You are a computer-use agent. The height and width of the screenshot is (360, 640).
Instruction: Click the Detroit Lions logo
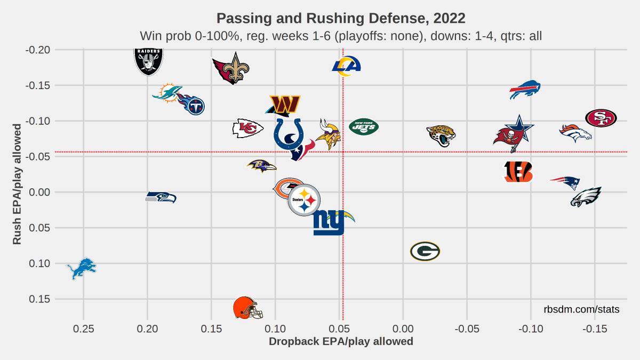pyautogui.click(x=82, y=268)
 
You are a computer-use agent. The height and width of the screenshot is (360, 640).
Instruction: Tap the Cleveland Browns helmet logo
pyautogui.click(x=247, y=308)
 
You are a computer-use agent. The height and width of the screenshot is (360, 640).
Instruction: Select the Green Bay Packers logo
pyautogui.click(x=425, y=251)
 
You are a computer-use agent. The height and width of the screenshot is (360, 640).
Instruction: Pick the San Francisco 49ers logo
pyautogui.click(x=601, y=118)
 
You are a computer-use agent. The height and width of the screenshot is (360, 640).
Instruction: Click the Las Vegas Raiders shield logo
pyautogui.click(x=148, y=61)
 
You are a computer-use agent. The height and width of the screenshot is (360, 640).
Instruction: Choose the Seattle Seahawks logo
pyautogui.click(x=161, y=197)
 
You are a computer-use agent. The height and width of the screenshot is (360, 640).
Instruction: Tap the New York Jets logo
pyautogui.click(x=363, y=127)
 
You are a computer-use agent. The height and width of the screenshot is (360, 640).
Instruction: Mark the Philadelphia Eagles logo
pyautogui.click(x=586, y=197)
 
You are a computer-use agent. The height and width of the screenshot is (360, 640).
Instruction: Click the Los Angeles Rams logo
pyautogui.click(x=346, y=65)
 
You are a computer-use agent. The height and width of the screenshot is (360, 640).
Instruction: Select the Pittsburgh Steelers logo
pyautogui.click(x=304, y=201)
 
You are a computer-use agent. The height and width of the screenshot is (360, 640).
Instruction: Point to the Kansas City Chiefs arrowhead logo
pyautogui.click(x=247, y=129)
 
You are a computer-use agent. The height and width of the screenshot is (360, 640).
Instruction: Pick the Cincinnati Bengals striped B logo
pyautogui.click(x=518, y=171)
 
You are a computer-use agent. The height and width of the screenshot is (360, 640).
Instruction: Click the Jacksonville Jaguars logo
pyautogui.click(x=441, y=135)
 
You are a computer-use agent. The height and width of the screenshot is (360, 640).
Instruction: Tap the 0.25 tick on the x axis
pyautogui.click(x=83, y=329)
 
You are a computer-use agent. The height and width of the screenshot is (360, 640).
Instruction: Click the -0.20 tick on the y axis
pyautogui.click(x=38, y=50)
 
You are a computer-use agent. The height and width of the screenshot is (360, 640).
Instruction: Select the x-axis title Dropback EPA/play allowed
pyautogui.click(x=341, y=341)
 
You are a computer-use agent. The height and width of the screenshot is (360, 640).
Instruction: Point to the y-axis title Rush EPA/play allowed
pyautogui.click(x=17, y=185)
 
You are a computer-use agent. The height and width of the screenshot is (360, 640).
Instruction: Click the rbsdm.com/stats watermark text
pyautogui.click(x=581, y=309)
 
